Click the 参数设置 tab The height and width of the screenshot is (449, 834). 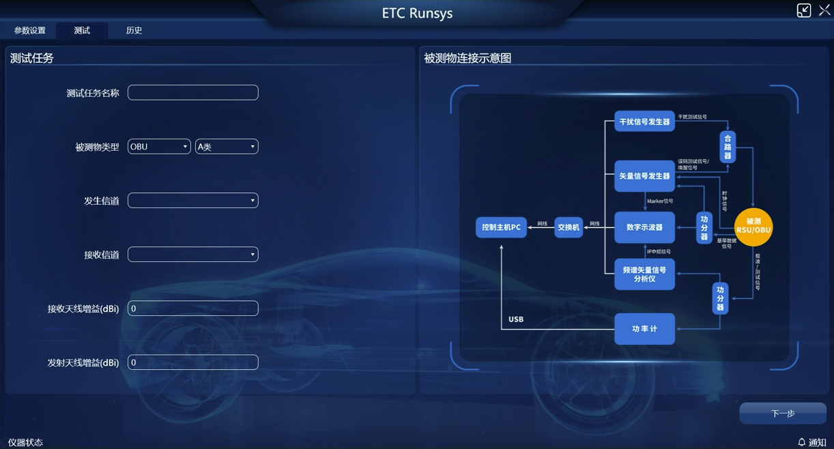click(x=30, y=31)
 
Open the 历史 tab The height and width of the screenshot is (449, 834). click(x=134, y=31)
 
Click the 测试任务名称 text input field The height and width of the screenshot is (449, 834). click(x=193, y=93)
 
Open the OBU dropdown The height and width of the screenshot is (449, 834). click(x=159, y=147)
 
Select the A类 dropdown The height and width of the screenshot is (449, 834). click(x=227, y=147)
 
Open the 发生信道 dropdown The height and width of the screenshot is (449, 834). click(x=193, y=201)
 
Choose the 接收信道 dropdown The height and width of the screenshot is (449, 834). click(x=193, y=255)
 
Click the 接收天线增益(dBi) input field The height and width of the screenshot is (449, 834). click(x=193, y=308)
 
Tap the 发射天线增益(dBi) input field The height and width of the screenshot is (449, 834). click(x=193, y=362)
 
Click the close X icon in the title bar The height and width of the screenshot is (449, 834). click(x=824, y=10)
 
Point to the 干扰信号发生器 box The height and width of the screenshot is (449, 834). click(x=644, y=121)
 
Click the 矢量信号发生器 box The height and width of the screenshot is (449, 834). click(x=644, y=176)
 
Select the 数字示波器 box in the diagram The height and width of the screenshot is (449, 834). click(x=644, y=227)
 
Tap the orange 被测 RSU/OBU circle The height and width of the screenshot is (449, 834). click(x=753, y=226)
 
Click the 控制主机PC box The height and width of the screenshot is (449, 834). click(x=501, y=227)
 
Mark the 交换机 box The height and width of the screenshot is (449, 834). click(x=569, y=227)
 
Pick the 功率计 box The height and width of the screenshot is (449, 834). click(x=644, y=329)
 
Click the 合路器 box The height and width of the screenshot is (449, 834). click(x=728, y=146)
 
